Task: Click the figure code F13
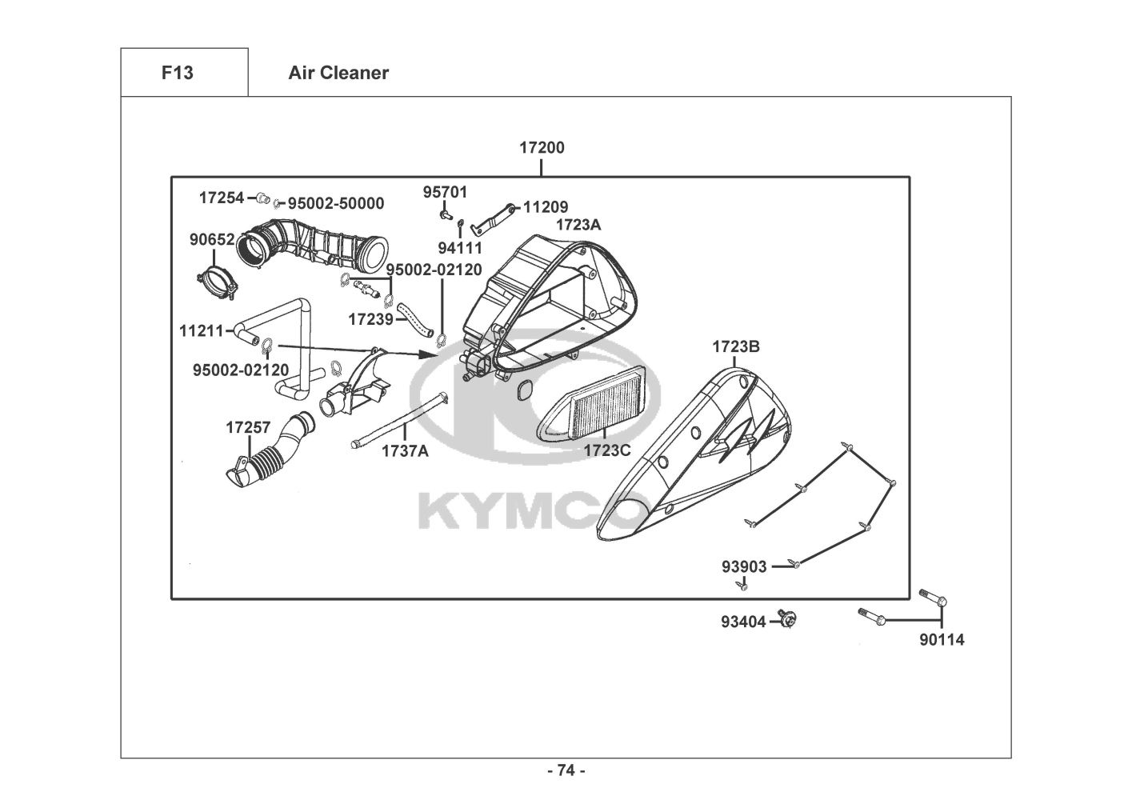[x=178, y=73]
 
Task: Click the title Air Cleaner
[x=338, y=73]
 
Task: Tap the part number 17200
[x=542, y=147]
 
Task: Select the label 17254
[x=222, y=198]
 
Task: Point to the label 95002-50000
[x=336, y=203]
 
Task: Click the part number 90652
[x=212, y=239]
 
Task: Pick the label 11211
[x=201, y=330]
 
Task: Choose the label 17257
[x=248, y=427]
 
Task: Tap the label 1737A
[x=405, y=450]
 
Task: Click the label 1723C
[x=607, y=450]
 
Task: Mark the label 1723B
[x=736, y=346]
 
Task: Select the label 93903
[x=744, y=566]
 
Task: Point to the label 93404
[x=743, y=622]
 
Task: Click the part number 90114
[x=942, y=640]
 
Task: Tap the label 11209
[x=546, y=206]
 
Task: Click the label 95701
[x=446, y=192]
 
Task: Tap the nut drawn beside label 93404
[x=787, y=619]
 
